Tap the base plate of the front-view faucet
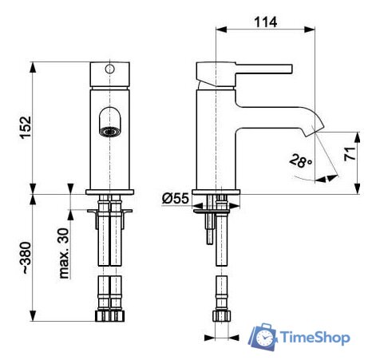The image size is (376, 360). pos(110,192)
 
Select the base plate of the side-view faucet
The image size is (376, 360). pos(216,192)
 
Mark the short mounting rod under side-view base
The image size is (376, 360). pos(208,234)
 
